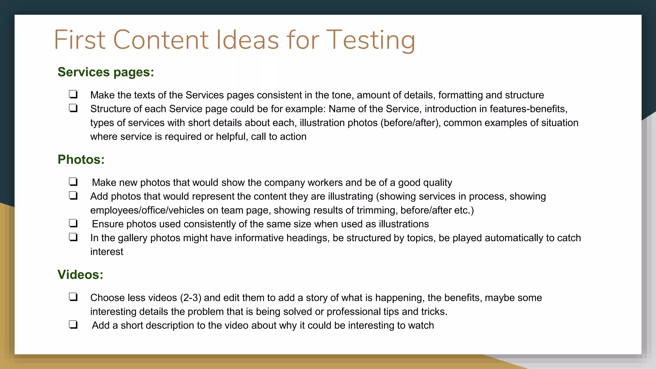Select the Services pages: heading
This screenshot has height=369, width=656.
(x=106, y=72)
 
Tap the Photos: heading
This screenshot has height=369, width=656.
(x=81, y=160)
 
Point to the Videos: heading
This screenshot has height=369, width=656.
(x=80, y=275)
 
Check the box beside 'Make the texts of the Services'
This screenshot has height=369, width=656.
(x=73, y=94)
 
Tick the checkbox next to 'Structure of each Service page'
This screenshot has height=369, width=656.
(x=73, y=108)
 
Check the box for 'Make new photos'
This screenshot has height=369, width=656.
(x=73, y=182)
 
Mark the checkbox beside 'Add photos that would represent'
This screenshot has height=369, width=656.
(x=73, y=195)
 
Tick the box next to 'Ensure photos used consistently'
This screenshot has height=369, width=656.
(x=73, y=223)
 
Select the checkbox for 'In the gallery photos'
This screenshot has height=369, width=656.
(x=73, y=237)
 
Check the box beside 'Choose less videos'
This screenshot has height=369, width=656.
(x=73, y=297)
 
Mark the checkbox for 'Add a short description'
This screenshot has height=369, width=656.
(x=73, y=324)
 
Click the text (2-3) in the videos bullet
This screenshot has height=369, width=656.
(x=190, y=298)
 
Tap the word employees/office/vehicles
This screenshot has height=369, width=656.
(x=147, y=210)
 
